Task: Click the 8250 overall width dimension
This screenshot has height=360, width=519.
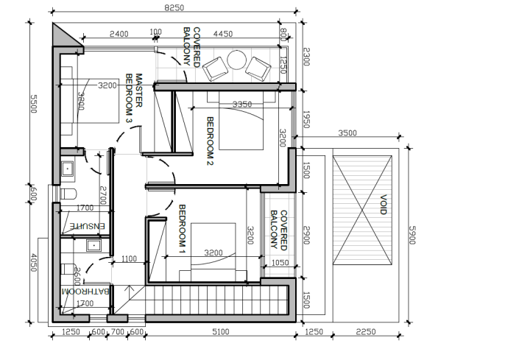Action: (x=174, y=7)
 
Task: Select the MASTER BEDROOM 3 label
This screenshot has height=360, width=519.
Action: (x=133, y=97)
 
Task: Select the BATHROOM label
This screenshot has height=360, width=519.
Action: (x=86, y=292)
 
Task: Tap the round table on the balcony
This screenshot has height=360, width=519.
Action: (x=237, y=60)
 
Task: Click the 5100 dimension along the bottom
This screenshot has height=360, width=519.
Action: (x=220, y=332)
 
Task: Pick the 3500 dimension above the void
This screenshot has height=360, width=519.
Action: (x=347, y=133)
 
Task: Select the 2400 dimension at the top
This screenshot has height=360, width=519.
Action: (x=119, y=34)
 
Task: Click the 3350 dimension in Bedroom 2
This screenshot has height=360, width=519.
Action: (x=243, y=105)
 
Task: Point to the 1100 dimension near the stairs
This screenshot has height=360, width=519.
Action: (x=130, y=258)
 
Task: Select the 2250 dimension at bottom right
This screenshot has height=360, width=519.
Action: (x=364, y=332)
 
